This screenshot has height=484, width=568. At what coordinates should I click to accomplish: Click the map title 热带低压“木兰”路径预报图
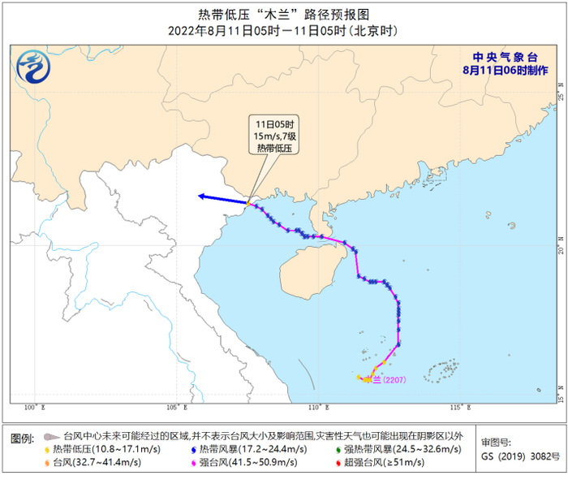(283, 14)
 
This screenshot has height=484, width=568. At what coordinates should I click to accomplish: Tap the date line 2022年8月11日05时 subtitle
(283, 31)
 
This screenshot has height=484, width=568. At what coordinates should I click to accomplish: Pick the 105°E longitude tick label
(175, 407)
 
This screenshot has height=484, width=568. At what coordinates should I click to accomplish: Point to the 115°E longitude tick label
(456, 407)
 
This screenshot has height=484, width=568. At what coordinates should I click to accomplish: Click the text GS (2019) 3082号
(520, 457)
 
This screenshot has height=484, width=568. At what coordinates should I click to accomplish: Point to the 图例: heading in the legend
(24, 439)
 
